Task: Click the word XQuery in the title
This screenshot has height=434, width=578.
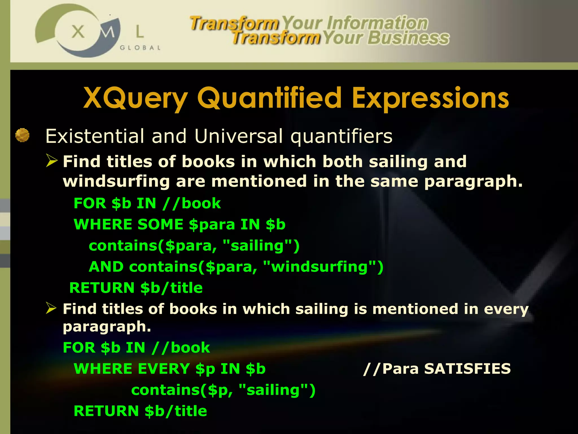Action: tap(135, 98)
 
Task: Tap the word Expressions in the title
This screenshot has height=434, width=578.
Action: tap(430, 98)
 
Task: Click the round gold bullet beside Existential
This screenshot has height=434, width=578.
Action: tap(22, 135)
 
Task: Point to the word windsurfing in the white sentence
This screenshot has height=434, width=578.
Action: tap(116, 181)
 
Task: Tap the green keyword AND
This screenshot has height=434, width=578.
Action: tap(106, 267)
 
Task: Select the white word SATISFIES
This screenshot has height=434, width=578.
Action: tap(467, 369)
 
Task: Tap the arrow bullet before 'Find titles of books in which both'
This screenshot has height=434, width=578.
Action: tap(52, 161)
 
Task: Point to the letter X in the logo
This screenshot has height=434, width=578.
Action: tap(78, 32)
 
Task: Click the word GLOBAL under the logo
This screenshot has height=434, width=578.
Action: tap(140, 48)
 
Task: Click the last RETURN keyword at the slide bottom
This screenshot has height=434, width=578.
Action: tap(106, 411)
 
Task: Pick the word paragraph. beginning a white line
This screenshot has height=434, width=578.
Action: tap(107, 327)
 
